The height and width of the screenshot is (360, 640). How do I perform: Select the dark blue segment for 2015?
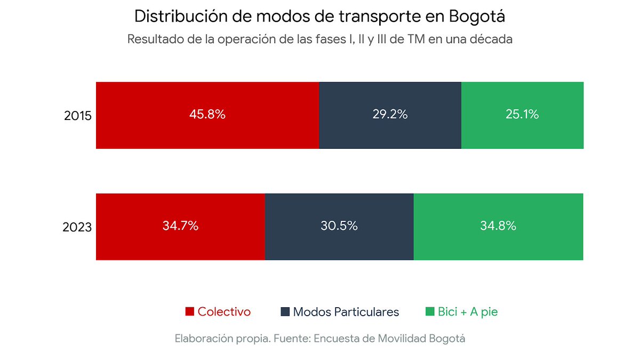coord(390,133)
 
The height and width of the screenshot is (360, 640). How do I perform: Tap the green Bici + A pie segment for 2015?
coord(522,133)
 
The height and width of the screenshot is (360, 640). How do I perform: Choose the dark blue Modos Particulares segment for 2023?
coord(339,245)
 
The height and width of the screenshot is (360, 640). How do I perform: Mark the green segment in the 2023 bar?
coord(498,245)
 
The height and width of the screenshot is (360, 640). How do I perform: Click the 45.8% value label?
coord(207,115)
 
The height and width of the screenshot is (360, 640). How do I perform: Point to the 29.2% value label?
coord(390,115)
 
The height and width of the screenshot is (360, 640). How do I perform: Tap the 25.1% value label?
coord(522,115)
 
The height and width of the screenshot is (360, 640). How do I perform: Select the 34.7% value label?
coord(180,226)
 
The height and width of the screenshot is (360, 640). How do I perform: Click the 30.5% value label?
coord(339,226)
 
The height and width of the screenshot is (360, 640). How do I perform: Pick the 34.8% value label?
coord(498,226)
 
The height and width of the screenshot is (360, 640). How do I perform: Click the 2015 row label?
coord(78,116)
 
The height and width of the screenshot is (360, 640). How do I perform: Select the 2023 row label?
coord(77,227)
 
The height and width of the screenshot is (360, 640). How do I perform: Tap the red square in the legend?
coord(189,312)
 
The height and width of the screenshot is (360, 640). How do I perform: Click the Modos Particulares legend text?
coord(346,312)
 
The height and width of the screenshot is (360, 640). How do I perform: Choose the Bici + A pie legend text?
coord(468,312)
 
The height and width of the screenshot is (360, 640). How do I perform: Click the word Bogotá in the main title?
coord(477,17)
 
